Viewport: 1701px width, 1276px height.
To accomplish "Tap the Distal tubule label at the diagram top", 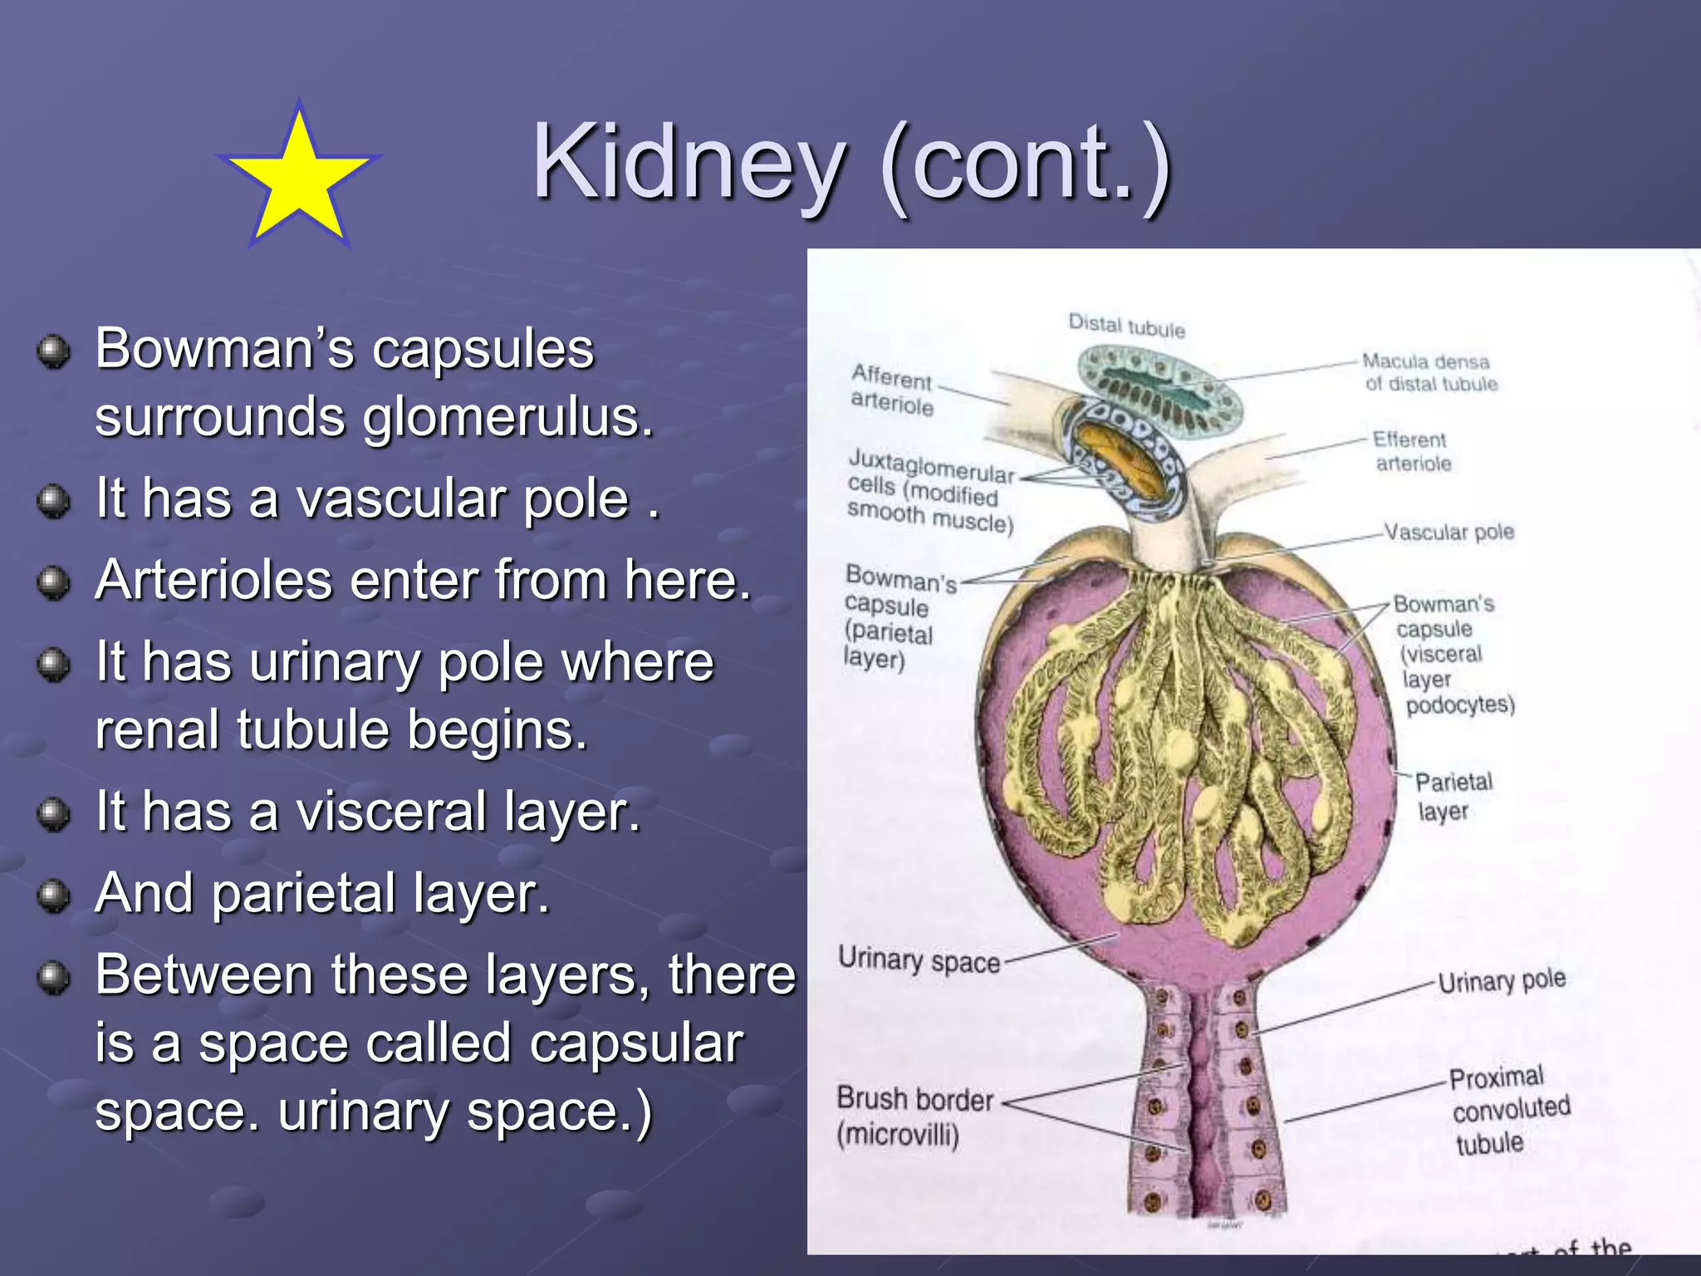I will [x=1126, y=326].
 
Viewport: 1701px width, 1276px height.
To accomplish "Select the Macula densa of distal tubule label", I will [x=1429, y=372].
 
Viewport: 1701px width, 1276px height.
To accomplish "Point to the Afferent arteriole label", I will [x=892, y=390].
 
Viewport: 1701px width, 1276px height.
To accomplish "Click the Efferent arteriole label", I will [x=1411, y=451].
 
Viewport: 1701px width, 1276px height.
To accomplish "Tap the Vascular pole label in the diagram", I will [x=1449, y=532].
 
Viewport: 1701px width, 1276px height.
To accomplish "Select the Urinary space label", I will [x=919, y=960].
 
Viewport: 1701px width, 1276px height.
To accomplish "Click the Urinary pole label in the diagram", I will [x=1502, y=981].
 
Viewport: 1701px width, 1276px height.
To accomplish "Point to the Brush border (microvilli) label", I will [x=914, y=1116].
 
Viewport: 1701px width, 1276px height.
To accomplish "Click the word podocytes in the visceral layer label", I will [x=1460, y=705].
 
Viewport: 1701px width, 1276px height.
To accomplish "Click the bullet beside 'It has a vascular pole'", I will [x=54, y=501].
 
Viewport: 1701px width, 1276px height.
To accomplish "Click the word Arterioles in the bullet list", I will [x=213, y=580].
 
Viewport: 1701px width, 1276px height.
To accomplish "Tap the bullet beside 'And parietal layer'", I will [x=54, y=896].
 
